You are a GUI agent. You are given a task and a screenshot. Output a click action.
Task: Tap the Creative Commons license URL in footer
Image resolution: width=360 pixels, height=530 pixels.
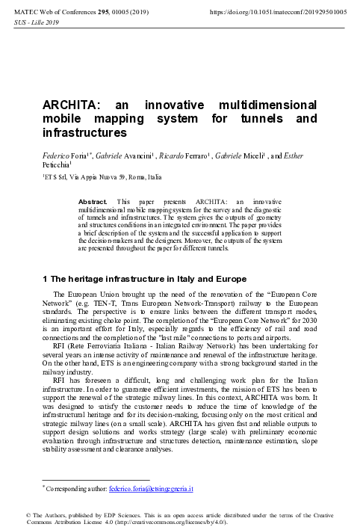153,520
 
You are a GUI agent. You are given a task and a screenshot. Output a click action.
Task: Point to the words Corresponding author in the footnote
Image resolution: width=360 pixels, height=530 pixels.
75,489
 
